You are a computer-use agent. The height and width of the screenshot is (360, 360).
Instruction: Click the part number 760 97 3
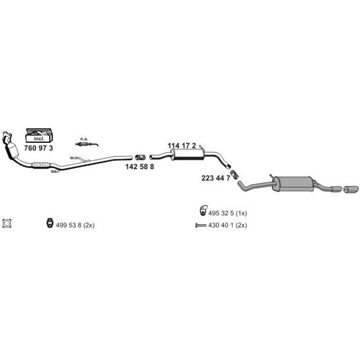(38, 148)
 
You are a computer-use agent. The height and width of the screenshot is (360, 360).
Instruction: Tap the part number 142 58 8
(140, 167)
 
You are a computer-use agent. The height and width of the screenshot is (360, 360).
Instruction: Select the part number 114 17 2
(182, 146)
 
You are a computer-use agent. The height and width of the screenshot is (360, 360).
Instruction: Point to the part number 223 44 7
(215, 178)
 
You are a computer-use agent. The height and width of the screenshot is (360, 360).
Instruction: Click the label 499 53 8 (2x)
(75, 225)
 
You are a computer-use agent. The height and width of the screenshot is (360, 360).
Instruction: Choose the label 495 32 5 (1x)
(227, 213)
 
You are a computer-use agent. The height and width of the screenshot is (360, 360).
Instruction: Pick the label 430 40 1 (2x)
(227, 225)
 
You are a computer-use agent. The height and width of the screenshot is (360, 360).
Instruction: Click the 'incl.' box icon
(39, 136)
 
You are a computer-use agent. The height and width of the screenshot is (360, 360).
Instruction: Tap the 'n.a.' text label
(84, 139)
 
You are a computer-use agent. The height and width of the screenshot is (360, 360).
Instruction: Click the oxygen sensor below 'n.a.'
(87, 144)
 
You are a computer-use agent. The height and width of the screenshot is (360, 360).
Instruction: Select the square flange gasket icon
(7, 224)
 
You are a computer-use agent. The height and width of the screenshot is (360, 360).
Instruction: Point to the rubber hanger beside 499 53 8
(50, 223)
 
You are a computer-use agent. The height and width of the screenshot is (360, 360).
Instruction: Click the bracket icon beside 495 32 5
(203, 211)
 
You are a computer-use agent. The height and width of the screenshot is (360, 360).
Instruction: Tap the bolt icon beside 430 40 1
(200, 226)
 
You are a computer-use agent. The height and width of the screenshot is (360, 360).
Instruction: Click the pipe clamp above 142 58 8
(140, 158)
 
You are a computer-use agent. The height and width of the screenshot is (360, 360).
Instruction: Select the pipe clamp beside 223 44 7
(234, 175)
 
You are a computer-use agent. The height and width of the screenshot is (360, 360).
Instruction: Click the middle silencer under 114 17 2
(188, 154)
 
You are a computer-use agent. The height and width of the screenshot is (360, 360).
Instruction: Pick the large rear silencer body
(293, 184)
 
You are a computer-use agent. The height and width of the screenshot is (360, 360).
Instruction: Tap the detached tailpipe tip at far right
(351, 190)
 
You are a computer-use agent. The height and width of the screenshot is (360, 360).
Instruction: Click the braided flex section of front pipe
(41, 165)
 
